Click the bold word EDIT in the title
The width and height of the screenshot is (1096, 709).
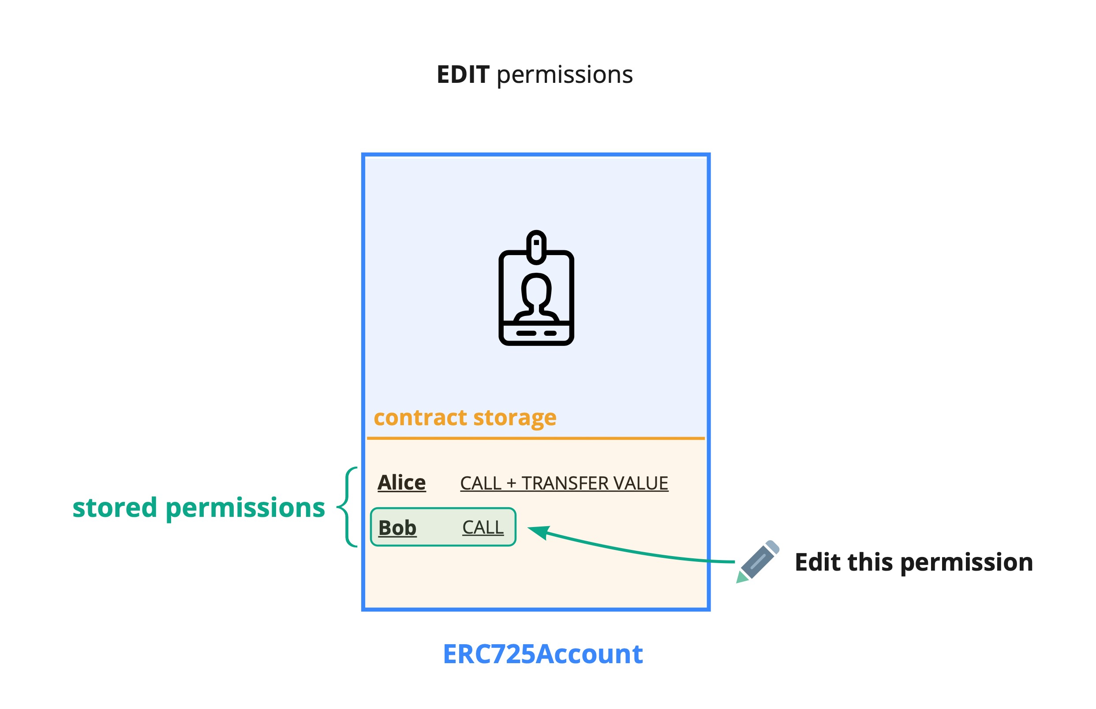tap(462, 74)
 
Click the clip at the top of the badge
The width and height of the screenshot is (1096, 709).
tap(536, 247)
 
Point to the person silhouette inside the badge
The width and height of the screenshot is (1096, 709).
tap(536, 297)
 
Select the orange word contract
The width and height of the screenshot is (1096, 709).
tap(420, 418)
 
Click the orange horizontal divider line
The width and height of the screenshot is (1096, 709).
tap(535, 438)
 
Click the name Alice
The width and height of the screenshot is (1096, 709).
tap(401, 483)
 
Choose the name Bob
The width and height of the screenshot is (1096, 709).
tap(397, 528)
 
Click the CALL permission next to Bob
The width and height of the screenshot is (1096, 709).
tap(483, 528)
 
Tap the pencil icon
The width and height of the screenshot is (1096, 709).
tap(758, 562)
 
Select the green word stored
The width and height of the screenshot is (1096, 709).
tap(115, 508)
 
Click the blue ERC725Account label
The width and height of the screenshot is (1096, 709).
tap(542, 654)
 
